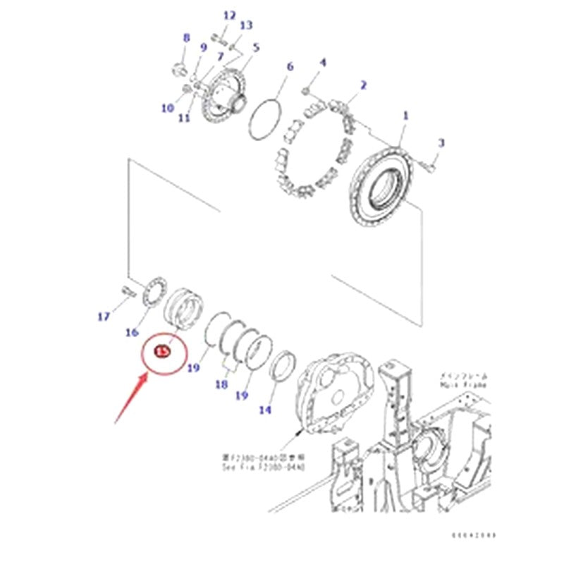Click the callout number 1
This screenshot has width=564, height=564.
point(405,115)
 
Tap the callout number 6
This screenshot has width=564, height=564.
point(289,67)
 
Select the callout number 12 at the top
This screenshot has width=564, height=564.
point(230,16)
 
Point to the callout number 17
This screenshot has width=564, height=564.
point(104,317)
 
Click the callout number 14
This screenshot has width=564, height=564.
point(264,410)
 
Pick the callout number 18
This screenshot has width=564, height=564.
point(221,385)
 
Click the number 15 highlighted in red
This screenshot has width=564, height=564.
point(161,350)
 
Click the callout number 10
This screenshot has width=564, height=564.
point(167,108)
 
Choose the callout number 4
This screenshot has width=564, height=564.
point(323,63)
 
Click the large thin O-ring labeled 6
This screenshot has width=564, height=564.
point(268,119)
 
